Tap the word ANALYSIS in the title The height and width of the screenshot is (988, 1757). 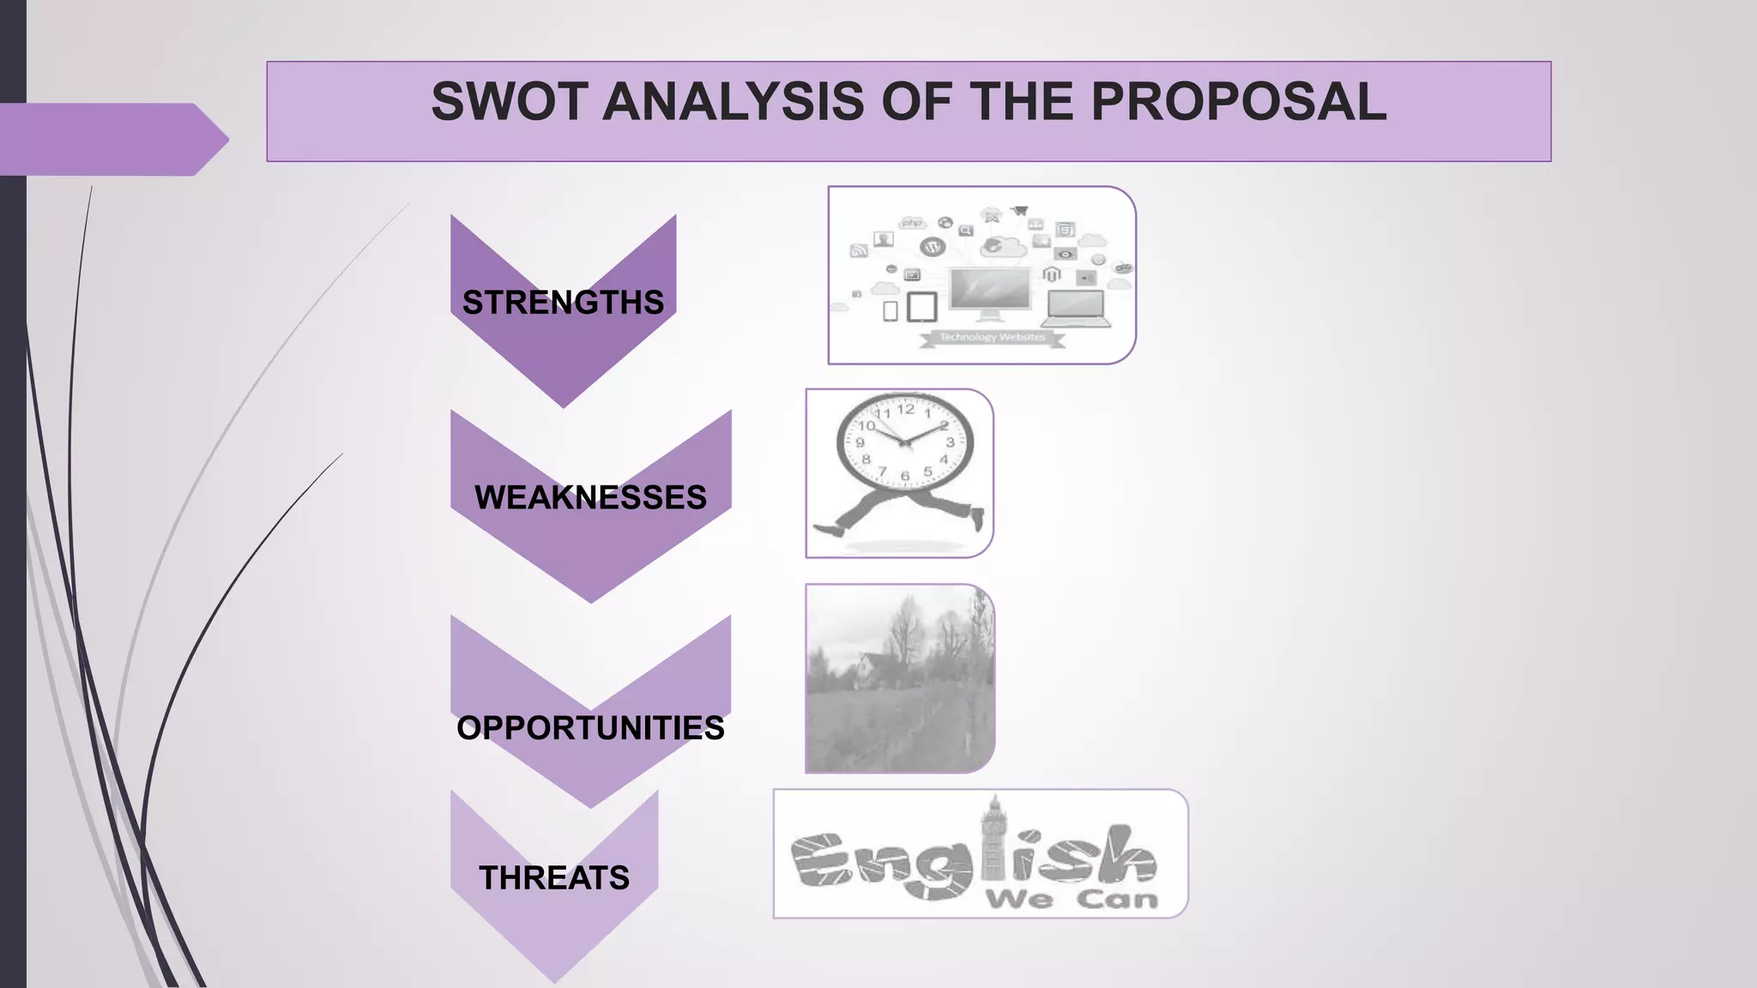coord(734,102)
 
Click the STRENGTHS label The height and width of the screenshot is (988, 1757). coord(563,303)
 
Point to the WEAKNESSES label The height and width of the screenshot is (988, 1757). coord(590,497)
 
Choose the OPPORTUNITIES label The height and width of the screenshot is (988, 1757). coord(590,728)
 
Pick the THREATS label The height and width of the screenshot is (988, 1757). coord(554,878)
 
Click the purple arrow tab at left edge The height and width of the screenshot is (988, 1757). coord(112,139)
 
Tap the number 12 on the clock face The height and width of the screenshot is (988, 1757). coord(905,409)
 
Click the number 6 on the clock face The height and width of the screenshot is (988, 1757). coord(904,476)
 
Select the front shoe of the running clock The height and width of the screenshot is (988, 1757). coord(976,518)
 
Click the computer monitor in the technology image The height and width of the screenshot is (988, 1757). coord(990,289)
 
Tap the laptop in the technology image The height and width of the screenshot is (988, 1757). coord(1078,310)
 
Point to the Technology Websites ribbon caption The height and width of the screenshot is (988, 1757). coord(992,338)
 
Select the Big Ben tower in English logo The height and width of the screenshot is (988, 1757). coord(993,845)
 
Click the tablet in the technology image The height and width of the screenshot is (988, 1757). coord(922,307)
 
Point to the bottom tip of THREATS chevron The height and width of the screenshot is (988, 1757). coord(555,980)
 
